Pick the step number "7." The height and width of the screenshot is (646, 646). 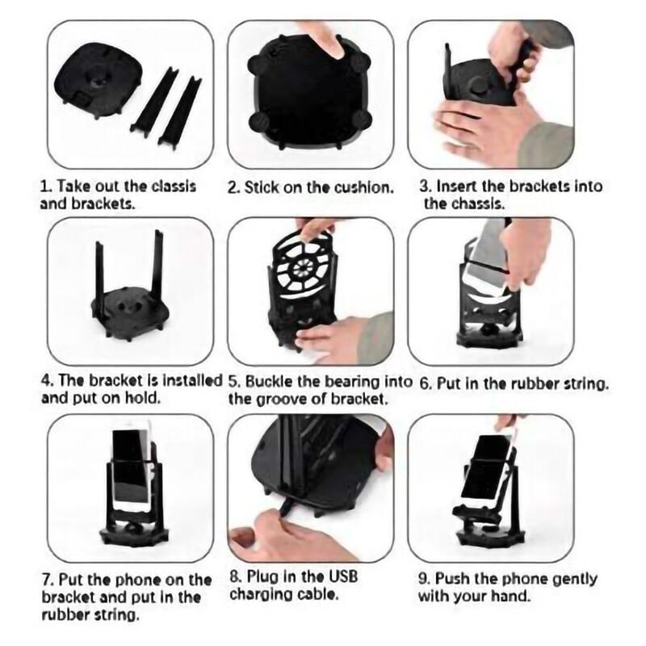pyautogui.click(x=47, y=580)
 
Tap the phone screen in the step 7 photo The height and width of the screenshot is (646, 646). pyautogui.click(x=129, y=468)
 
